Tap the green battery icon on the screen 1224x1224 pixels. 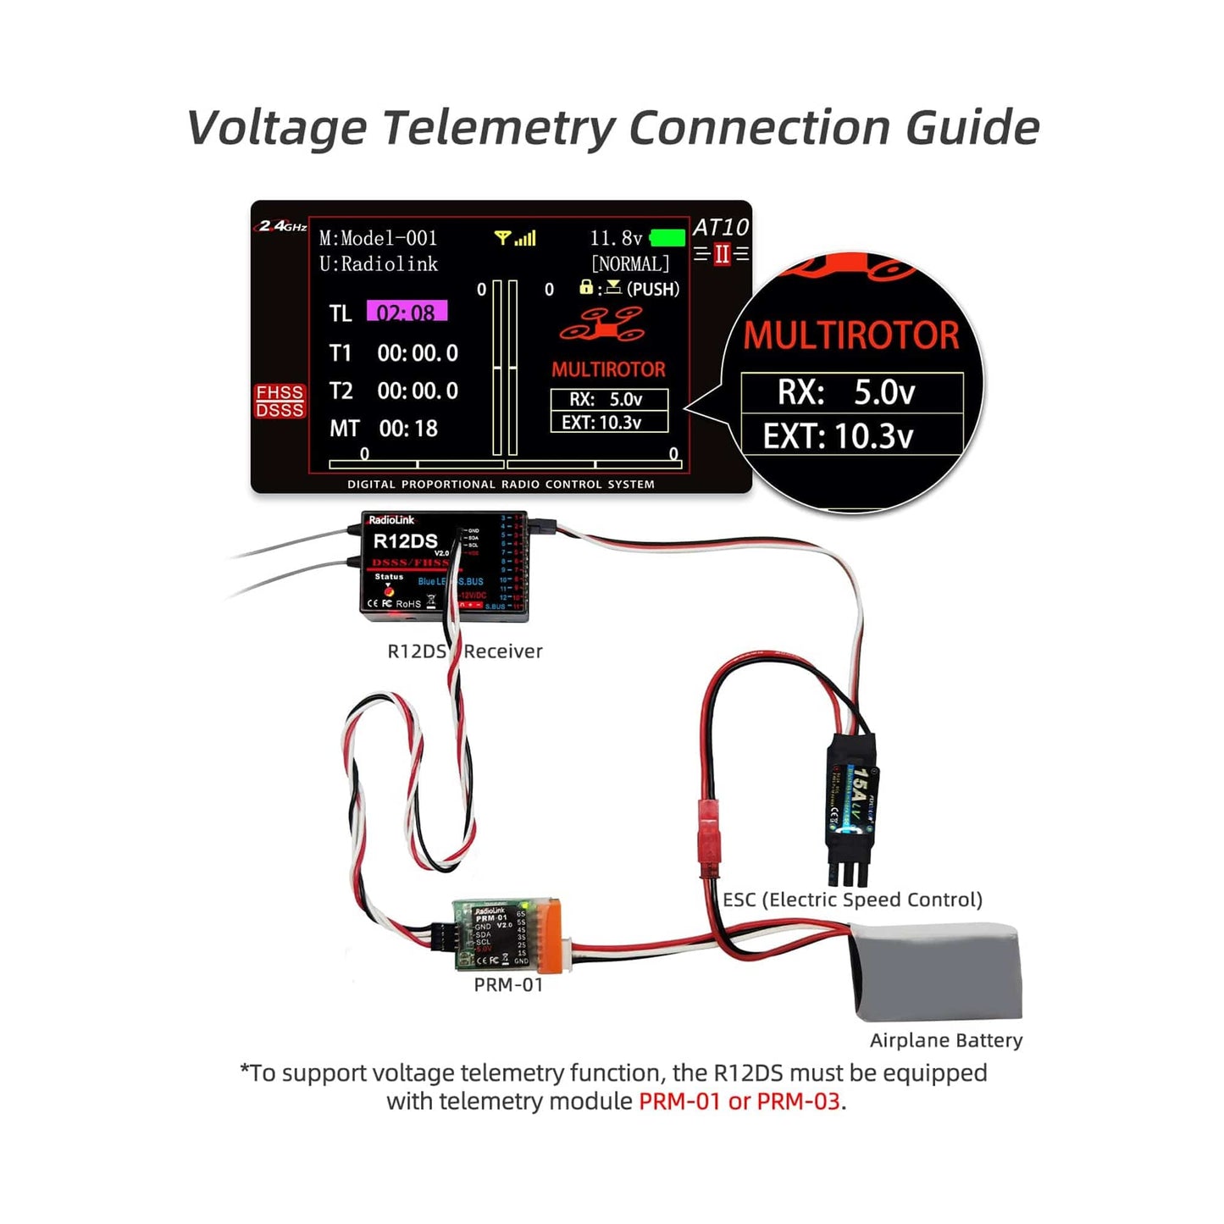(667, 238)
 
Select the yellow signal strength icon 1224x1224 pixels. (515, 238)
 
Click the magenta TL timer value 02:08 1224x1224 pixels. (407, 312)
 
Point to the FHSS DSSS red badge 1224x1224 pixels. (280, 402)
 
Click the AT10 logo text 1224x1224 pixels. (721, 227)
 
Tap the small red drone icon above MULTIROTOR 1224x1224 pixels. (602, 324)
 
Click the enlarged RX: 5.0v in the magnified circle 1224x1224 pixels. (850, 392)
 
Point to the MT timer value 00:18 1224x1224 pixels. (408, 429)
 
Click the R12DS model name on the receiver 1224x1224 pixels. (405, 541)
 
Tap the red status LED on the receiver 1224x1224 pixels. (389, 590)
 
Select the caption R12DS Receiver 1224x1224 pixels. (464, 651)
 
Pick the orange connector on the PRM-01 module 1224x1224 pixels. (550, 935)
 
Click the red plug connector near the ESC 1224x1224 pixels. (709, 834)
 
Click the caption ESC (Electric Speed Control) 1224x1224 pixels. (852, 900)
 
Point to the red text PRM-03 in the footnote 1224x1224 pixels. (798, 1101)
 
